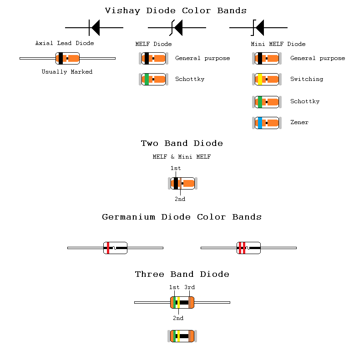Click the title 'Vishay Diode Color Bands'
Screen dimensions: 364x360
[x=176, y=10]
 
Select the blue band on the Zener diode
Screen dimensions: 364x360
[x=260, y=123]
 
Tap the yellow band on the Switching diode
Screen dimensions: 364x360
[x=260, y=80]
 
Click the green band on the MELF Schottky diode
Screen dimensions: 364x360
[x=147, y=80]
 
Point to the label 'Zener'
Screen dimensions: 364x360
[x=299, y=122]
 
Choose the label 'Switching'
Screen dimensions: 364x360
[x=307, y=79]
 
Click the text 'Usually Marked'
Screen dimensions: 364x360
[x=67, y=72]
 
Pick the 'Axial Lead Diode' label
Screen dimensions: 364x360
[x=65, y=43]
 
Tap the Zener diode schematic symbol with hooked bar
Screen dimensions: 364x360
[x=258, y=28]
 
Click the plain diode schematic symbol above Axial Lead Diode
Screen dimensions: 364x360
[x=94, y=28]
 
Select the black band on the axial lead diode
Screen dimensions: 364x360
[x=61, y=59]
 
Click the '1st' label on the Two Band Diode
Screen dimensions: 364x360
[x=176, y=168]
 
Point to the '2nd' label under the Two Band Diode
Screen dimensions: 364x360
[x=180, y=199]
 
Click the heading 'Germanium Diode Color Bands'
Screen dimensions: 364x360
[x=182, y=217]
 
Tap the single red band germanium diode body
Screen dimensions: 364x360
[x=115, y=248]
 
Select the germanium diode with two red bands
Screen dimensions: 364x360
[x=248, y=248]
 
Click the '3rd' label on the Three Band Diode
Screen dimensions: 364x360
[x=189, y=287]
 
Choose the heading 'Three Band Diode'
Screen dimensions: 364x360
[x=182, y=274]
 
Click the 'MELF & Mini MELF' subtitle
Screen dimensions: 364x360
[x=182, y=157]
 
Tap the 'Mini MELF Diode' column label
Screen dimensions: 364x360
[x=278, y=44]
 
